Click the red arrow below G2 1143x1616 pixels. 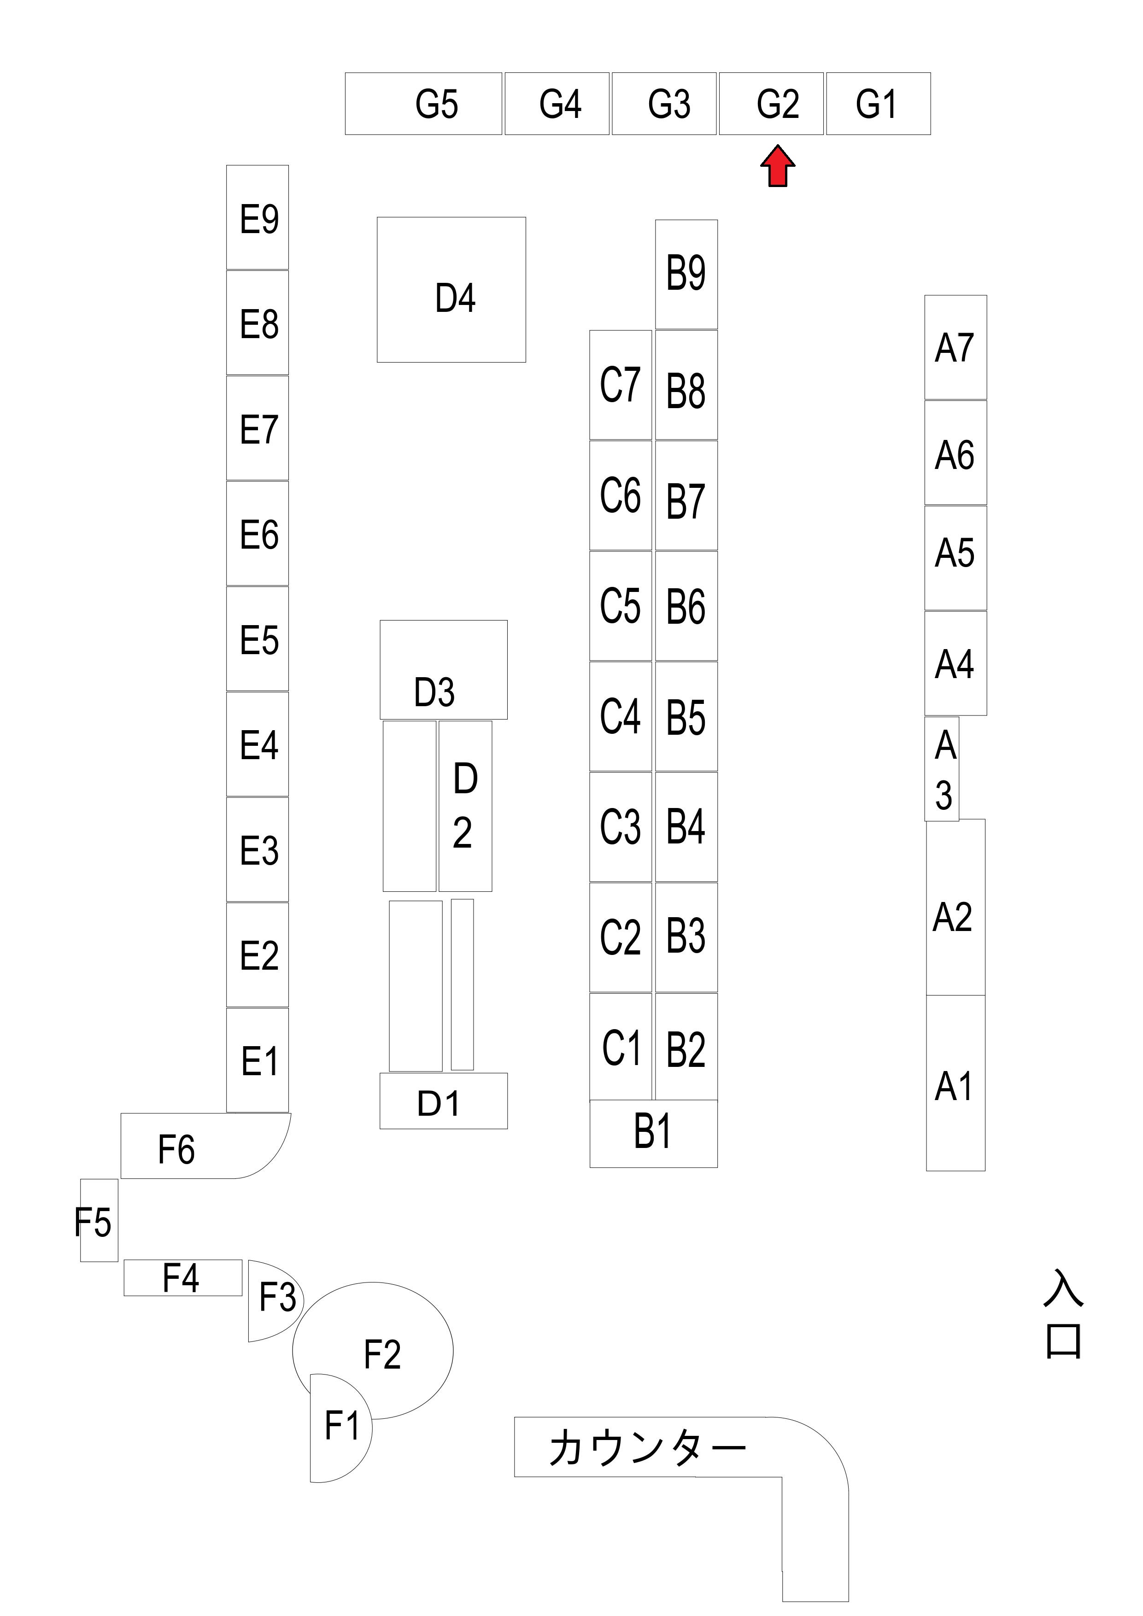coord(778,166)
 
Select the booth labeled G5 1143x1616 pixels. coord(424,104)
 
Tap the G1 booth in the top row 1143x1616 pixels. coord(879,104)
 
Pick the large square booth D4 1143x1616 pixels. coord(451,290)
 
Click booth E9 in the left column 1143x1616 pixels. coord(258,217)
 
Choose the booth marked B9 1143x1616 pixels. coord(686,275)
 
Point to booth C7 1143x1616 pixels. coord(621,385)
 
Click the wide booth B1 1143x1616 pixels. coord(654,1134)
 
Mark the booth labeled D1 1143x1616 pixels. coord(443,1101)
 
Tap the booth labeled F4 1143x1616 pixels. coord(183,1277)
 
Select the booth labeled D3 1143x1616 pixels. coord(443,670)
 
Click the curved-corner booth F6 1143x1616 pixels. coord(205,1146)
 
